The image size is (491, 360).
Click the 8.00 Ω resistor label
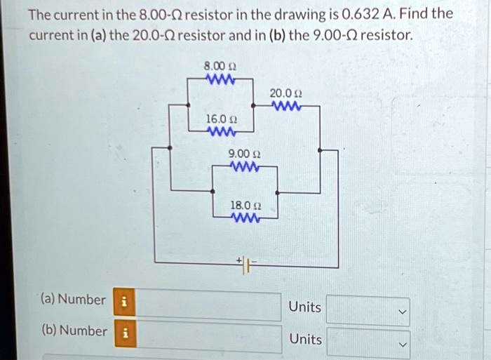click(x=220, y=66)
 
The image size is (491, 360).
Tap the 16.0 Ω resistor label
click(x=221, y=119)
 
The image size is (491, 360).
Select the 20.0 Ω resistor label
click(x=286, y=93)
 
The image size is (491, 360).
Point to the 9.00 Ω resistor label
click(x=244, y=154)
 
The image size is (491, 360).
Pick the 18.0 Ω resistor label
click(x=245, y=206)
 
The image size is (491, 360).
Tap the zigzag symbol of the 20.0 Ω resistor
click(x=286, y=106)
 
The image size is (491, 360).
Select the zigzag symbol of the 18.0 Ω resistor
click(x=245, y=218)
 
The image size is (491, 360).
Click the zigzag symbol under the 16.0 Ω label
click(x=222, y=132)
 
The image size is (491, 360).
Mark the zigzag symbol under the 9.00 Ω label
click(x=244, y=166)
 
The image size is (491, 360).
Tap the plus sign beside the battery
click(x=239, y=260)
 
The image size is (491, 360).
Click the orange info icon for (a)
click(x=124, y=302)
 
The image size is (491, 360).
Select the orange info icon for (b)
click(x=126, y=333)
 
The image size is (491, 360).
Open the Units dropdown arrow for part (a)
click(x=403, y=312)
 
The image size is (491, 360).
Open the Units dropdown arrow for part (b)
click(x=403, y=345)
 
